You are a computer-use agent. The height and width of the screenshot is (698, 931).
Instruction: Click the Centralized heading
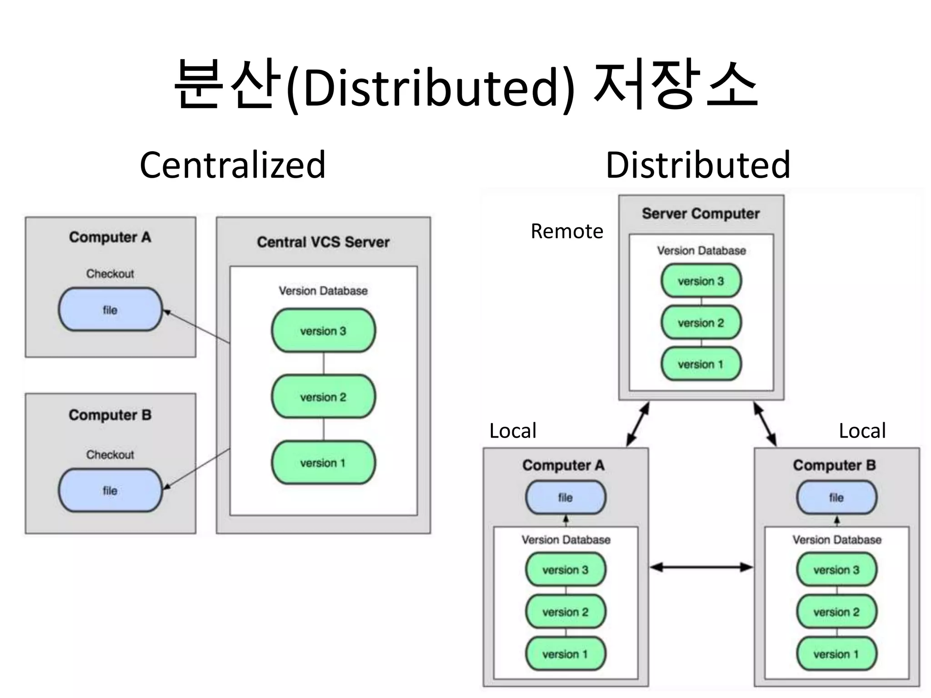point(232,165)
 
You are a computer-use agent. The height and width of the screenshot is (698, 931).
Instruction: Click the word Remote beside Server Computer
point(566,231)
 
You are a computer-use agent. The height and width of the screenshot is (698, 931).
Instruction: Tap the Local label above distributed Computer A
point(512,430)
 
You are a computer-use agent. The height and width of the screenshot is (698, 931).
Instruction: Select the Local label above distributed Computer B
point(862,430)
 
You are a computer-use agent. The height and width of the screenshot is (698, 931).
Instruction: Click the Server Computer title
point(701,214)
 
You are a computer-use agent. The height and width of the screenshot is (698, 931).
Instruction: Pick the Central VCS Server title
point(323,242)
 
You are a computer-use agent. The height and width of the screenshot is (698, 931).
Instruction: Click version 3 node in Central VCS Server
point(323,331)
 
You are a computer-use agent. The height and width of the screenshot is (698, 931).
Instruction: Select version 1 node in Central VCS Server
point(323,463)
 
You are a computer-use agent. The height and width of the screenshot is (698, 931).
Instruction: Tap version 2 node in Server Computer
point(701,323)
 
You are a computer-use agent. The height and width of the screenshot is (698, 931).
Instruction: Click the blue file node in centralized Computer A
point(110,309)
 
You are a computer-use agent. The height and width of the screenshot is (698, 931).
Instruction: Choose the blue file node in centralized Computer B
point(110,490)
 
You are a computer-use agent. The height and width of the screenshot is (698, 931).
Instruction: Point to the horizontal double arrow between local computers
point(701,567)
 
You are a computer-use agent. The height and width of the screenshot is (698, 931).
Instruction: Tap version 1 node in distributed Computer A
point(565,654)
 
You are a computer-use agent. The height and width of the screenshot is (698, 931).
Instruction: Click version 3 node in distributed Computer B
point(836,569)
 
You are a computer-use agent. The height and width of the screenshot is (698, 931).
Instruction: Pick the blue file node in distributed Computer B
point(836,498)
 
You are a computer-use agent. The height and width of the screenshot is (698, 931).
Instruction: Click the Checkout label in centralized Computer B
point(110,454)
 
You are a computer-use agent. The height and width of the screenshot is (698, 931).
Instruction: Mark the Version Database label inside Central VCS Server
point(323,291)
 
